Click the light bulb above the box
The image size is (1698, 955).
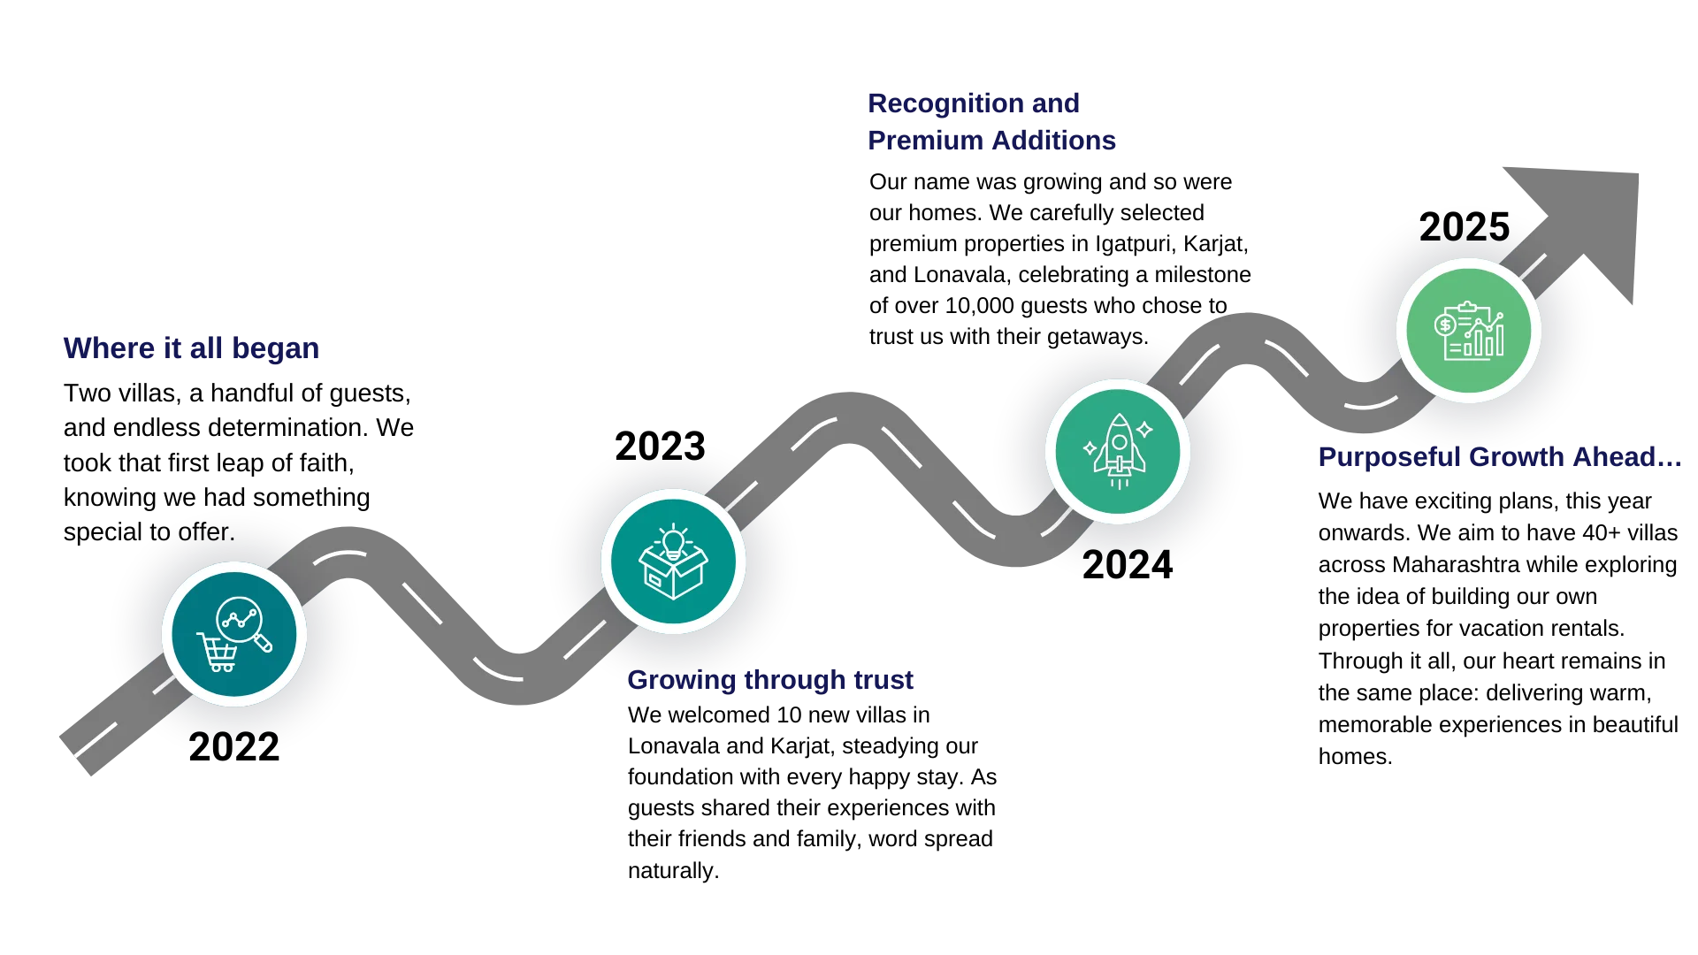pyautogui.click(x=674, y=539)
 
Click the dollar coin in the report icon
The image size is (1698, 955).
pyautogui.click(x=1445, y=325)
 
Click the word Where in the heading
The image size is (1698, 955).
pyautogui.click(x=109, y=348)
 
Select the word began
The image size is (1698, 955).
pyautogui.click(x=275, y=349)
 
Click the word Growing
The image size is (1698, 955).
pyautogui.click(x=681, y=681)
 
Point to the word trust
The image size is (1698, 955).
pyautogui.click(x=883, y=680)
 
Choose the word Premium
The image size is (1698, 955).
pyautogui.click(x=924, y=141)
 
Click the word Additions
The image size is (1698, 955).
pyautogui.click(x=1053, y=141)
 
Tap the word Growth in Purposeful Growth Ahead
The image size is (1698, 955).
pyautogui.click(x=1515, y=456)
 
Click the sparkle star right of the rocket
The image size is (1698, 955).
pyautogui.click(x=1144, y=430)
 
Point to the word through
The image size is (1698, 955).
pyautogui.click(x=795, y=681)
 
